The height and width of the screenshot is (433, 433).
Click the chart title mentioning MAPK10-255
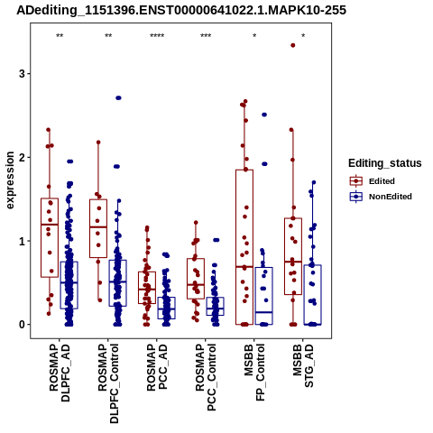coord(181,10)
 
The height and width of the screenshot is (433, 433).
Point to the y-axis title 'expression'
coord(10,180)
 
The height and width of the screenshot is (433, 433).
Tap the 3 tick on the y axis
coord(22,74)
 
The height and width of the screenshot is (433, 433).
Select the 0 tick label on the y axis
coord(22,325)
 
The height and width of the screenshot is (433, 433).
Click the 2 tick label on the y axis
coord(22,157)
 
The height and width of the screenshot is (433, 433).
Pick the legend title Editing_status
coord(385,163)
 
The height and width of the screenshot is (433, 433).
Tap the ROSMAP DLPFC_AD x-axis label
coord(60,373)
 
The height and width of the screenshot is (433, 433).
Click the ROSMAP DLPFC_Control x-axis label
coord(108,383)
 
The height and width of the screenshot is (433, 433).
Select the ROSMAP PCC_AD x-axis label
coord(157,367)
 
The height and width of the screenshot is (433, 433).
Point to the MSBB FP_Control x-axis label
coord(254,373)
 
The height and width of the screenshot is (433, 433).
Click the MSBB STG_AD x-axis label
coord(303,365)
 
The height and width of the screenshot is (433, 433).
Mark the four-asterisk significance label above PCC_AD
coord(157,36)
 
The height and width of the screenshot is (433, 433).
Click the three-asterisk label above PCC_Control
coord(206,36)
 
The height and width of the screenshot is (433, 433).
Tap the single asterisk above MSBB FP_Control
coord(254,36)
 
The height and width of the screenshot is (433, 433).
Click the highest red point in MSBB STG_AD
coord(293,45)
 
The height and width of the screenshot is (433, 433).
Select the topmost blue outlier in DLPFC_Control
coord(118,98)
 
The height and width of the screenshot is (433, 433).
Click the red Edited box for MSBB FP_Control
coord(244,170)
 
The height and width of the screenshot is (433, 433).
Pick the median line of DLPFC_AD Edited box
coord(50,225)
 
